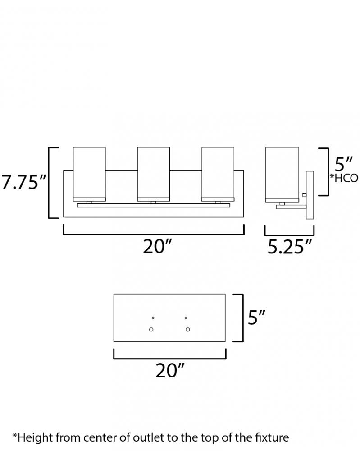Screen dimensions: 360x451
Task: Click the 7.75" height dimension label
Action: [24, 182]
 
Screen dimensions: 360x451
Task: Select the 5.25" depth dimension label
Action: [290, 247]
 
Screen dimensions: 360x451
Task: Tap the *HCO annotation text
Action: [344, 178]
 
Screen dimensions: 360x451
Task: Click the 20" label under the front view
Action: [157, 246]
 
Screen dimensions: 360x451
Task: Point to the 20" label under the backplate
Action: [169, 370]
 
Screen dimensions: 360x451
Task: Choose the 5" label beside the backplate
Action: [256, 318]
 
